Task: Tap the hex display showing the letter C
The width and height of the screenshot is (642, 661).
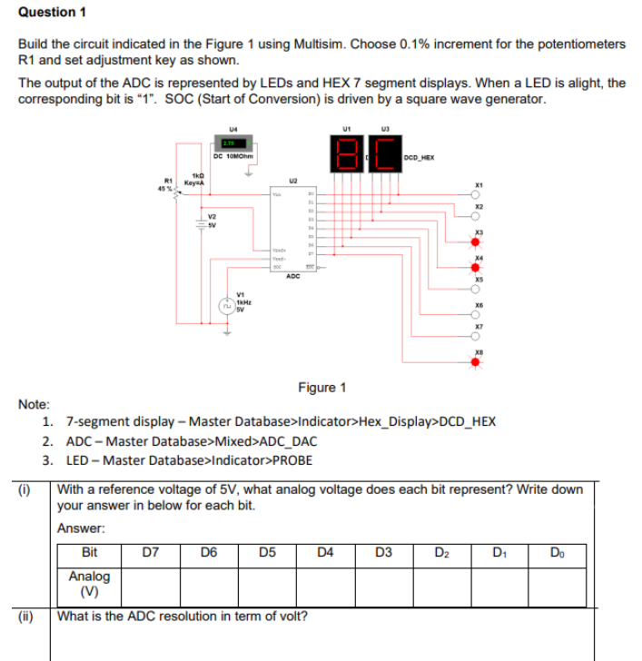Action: pos(384,152)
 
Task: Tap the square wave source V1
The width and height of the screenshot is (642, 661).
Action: pos(226,305)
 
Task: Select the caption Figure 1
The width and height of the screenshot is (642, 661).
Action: pos(321,388)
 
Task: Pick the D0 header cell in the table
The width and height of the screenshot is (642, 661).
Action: pos(557,554)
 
